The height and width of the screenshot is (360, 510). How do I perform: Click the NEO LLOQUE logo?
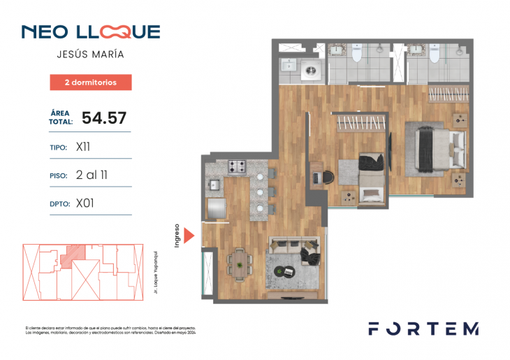pos(90,31)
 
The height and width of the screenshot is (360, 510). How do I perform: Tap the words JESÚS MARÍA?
pos(90,55)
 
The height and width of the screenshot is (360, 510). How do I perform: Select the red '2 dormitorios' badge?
pos(90,82)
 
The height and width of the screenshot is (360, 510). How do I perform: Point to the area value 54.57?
pos(104,117)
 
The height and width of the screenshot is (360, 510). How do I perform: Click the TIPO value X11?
pos(83,147)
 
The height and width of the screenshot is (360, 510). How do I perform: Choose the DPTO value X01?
pos(85,203)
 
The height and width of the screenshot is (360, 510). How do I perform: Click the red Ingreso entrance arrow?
pos(188,234)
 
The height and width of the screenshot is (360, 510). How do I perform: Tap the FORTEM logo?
pos(423,329)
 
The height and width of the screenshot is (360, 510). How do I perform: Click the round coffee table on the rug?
pos(286,271)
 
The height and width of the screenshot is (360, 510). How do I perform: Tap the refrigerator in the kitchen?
pos(217,209)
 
